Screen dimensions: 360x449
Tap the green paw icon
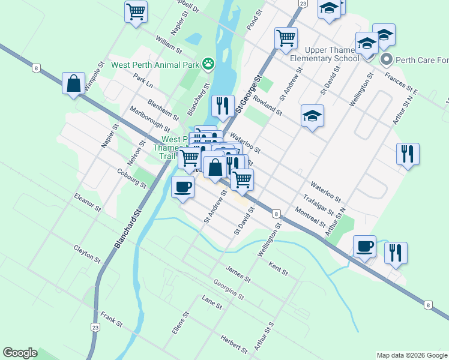click(x=208, y=62)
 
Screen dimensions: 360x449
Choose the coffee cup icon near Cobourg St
click(x=182, y=187)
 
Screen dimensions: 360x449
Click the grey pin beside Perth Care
click(x=387, y=60)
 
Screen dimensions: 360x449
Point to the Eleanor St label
click(x=88, y=202)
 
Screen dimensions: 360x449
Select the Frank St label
click(x=112, y=318)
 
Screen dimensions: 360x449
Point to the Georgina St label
click(x=229, y=289)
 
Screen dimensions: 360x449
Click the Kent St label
click(x=279, y=268)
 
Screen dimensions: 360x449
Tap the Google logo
click(x=20, y=353)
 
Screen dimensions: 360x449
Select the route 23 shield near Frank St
click(x=95, y=327)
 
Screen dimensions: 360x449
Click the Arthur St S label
click(x=264, y=335)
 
